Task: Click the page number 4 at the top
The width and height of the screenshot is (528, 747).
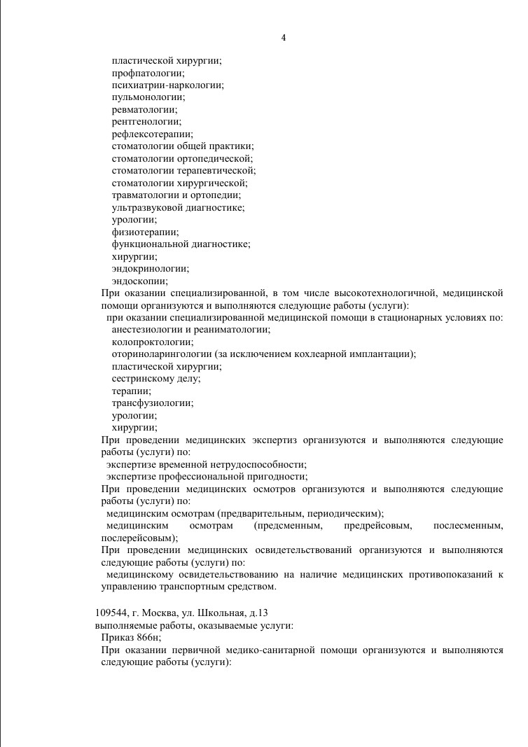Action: pos(283,37)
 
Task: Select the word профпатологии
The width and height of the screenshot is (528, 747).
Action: pos(148,73)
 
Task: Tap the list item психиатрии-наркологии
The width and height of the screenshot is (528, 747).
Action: pos(167,85)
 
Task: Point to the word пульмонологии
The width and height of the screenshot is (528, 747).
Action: pos(148,97)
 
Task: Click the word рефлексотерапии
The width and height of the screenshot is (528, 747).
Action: pos(152,134)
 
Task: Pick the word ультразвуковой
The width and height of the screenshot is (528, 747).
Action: pos(144,207)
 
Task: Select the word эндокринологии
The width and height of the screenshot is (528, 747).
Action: pos(150,268)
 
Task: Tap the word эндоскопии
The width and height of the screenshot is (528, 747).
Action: pos(139,281)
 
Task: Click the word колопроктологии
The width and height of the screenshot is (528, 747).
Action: pos(153,342)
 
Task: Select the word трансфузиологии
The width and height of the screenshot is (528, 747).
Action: pos(153,403)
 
